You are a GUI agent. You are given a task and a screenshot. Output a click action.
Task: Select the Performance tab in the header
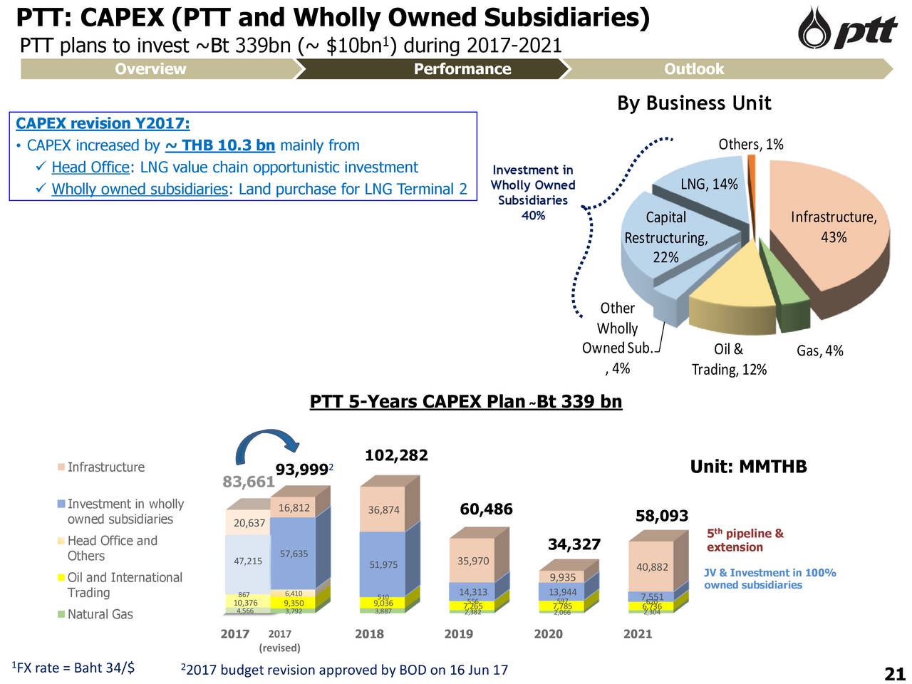point(462,69)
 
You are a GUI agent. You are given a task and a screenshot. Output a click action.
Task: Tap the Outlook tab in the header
point(693,69)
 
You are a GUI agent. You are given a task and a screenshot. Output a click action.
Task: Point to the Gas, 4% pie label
point(819,351)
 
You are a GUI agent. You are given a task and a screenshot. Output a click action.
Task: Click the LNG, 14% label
point(708,185)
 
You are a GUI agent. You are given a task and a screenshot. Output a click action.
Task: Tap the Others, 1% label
point(750,145)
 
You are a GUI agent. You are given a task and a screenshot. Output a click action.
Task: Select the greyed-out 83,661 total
point(249,482)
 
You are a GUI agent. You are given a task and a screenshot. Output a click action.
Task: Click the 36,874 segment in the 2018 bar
point(383,509)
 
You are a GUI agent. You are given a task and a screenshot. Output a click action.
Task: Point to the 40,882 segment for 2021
point(651,567)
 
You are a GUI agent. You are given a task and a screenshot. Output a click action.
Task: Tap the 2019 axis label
point(459,633)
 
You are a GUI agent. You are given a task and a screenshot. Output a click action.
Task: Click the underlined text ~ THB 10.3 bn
point(219,146)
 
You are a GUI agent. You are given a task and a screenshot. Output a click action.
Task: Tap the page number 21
point(894,674)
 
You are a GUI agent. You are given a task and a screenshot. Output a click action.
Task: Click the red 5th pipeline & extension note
point(745,540)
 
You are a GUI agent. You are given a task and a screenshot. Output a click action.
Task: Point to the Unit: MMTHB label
point(748,467)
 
